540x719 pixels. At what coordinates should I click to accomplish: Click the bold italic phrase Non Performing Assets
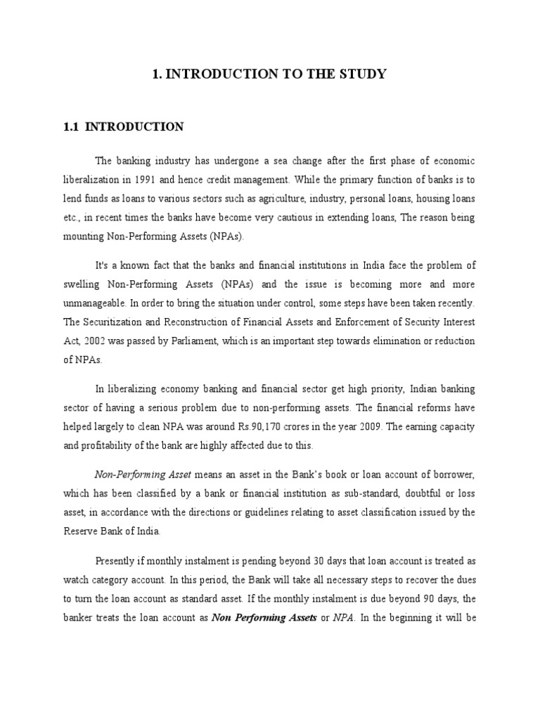[264, 617]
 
